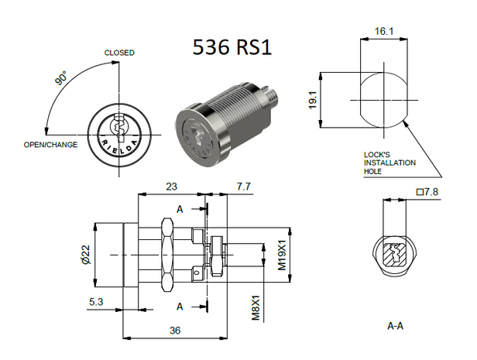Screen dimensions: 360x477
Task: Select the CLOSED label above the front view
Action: (x=119, y=53)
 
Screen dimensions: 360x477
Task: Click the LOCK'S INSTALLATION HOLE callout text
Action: (x=389, y=163)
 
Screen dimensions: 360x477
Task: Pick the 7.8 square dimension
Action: (x=427, y=190)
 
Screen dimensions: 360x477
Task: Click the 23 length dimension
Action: (x=172, y=187)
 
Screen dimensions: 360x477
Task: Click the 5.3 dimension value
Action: (x=93, y=300)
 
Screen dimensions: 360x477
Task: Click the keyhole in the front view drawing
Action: (x=119, y=125)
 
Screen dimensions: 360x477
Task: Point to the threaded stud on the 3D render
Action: (x=274, y=100)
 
